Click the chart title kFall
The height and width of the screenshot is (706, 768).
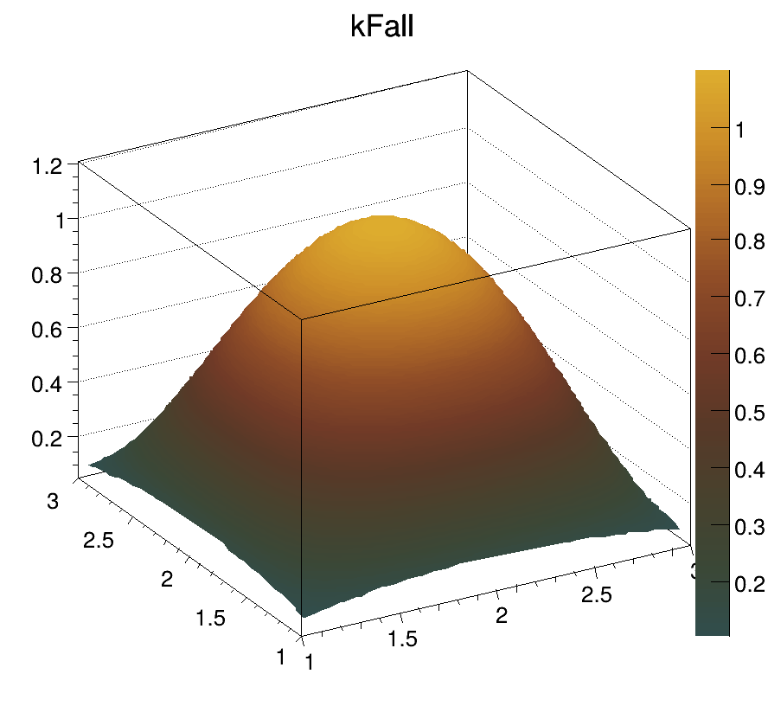coord(383,27)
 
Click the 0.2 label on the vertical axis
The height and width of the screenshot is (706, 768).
coord(48,438)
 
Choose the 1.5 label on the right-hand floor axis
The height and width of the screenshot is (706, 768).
coord(403,639)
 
